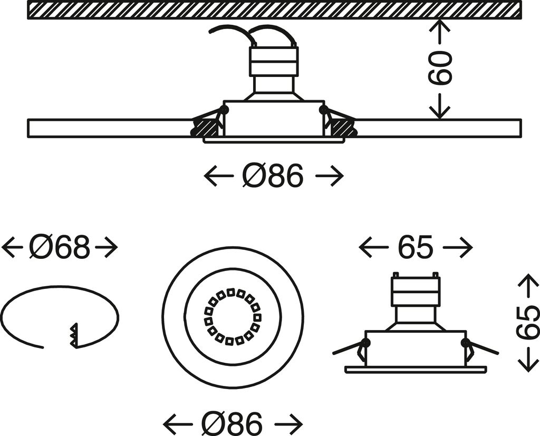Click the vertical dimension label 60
(x=440, y=69)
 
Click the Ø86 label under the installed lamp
(x=273, y=176)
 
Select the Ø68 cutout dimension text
(x=60, y=247)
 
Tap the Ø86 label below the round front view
(x=232, y=423)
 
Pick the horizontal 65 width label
(x=416, y=247)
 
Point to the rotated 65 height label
(x=527, y=323)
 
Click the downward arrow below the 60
(x=439, y=108)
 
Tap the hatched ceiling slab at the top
(x=274, y=10)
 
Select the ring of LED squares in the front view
(x=233, y=317)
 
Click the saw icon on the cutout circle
(x=73, y=335)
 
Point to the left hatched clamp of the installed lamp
(x=206, y=127)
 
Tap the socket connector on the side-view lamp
(x=415, y=292)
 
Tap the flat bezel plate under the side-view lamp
(x=415, y=370)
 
